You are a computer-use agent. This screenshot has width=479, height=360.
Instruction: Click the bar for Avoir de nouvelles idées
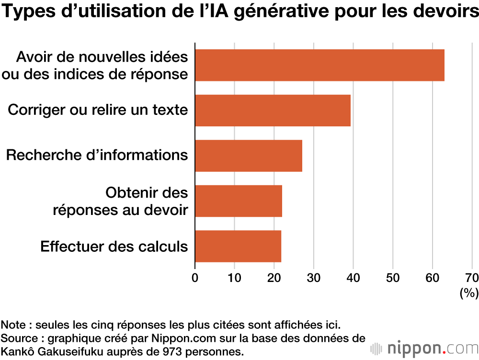[319, 65]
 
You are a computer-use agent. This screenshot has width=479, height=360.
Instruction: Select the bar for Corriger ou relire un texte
[273, 111]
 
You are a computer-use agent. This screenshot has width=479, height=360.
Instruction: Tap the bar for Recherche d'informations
[249, 156]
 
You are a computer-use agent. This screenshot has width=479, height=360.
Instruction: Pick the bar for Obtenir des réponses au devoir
[239, 201]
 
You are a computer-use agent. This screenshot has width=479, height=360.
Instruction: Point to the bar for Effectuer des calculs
[238, 246]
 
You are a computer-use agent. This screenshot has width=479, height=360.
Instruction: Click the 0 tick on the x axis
[195, 278]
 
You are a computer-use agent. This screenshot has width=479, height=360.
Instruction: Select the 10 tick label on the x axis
[234, 278]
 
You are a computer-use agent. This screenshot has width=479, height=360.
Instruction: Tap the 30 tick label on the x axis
[313, 278]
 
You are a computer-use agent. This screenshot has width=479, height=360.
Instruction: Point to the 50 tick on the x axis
[393, 278]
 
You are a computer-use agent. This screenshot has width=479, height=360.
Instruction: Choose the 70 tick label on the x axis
[471, 278]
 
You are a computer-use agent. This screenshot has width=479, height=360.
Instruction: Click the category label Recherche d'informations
[97, 155]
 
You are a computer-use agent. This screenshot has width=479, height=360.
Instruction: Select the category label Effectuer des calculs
[114, 247]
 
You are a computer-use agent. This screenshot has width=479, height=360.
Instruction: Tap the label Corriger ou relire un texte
[98, 110]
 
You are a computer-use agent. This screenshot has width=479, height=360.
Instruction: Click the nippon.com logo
[423, 347]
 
